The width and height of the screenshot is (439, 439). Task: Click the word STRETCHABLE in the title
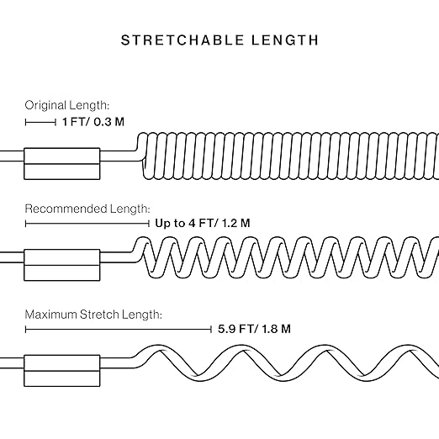pos(182,40)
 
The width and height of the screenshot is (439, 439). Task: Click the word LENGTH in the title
pos(285,40)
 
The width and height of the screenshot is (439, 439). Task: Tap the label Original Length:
pos(67,106)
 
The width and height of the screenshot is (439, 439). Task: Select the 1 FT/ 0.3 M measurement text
pos(93,122)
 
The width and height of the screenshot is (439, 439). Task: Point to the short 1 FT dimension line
pos(40,122)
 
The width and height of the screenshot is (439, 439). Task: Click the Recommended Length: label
pos(87,209)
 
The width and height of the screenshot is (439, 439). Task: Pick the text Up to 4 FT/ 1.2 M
pos(203,223)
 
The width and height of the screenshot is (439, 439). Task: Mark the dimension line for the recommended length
pos(87,224)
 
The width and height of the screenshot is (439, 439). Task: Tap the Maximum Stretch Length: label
pos(93,315)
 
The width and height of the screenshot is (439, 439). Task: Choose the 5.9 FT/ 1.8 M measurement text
pos(254,329)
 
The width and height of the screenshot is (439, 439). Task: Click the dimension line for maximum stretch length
pos(119,330)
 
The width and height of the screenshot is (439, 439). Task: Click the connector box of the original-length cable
pos(62,164)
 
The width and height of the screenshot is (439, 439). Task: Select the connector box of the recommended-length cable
pos(62,265)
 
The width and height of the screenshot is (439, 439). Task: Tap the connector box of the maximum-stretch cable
pos(62,371)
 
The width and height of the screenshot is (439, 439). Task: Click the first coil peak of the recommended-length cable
pos(145,239)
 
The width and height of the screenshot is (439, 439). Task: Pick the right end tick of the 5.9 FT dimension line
pos(211,330)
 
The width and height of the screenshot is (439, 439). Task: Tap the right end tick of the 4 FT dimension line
pos(149,224)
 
